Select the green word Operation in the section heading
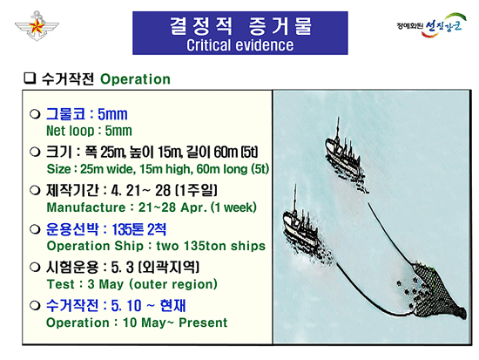(136, 79)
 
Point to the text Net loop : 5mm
(88, 131)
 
